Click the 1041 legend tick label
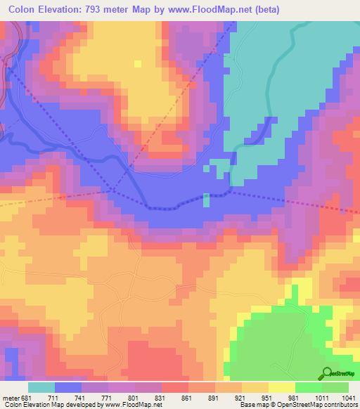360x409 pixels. click(345, 396)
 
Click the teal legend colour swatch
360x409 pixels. click(41, 387)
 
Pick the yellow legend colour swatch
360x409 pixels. click(281, 387)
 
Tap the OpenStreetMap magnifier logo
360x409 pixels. click(326, 373)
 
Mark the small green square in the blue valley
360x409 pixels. click(206, 200)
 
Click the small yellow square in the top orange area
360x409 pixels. click(138, 63)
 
